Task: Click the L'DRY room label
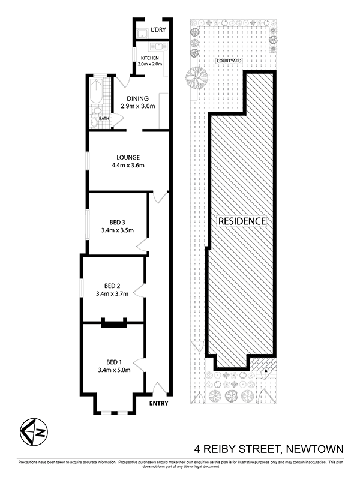[158, 29]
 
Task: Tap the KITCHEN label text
[149, 58]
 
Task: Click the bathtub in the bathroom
[97, 92]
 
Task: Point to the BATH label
[104, 118]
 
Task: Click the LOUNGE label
[128, 157]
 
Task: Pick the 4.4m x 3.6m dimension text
[128, 166]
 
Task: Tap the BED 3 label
[117, 222]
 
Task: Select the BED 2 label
[112, 286]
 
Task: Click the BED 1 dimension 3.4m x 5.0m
[114, 370]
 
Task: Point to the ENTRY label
[158, 403]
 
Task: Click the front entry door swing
[160, 388]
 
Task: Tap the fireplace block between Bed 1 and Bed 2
[114, 323]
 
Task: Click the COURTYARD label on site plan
[229, 61]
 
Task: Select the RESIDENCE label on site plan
[242, 221]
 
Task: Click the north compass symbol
[34, 431]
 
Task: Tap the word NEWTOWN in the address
[314, 449]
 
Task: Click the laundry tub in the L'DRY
[142, 33]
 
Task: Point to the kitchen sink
[158, 47]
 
